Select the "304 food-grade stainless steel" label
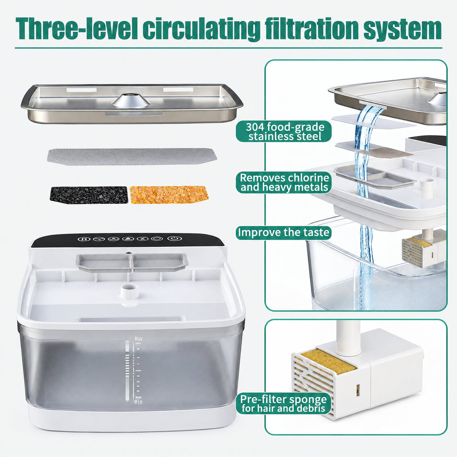point(284,131)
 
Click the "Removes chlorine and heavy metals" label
point(284,182)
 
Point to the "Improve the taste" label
point(284,232)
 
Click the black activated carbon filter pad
point(89,195)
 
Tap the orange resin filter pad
point(169,195)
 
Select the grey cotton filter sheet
point(132,157)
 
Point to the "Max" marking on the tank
point(138,339)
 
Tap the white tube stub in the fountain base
point(129,291)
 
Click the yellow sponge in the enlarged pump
point(328,361)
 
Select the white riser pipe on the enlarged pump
point(348,338)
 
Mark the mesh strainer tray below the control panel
point(132,262)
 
